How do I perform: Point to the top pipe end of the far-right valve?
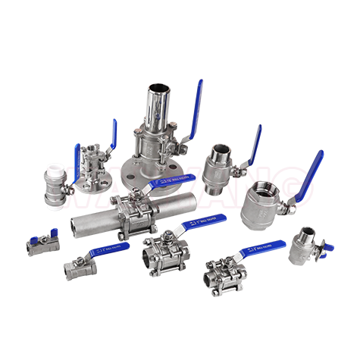coord(308,231)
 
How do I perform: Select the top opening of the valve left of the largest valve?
coord(221,149)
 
